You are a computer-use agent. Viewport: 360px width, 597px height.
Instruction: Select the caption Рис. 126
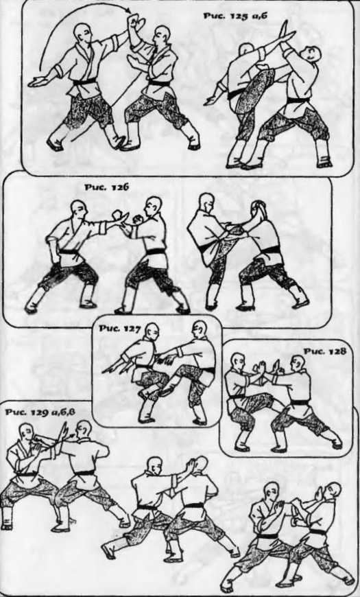click(106, 187)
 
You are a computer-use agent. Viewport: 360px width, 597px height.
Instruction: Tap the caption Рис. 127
click(120, 329)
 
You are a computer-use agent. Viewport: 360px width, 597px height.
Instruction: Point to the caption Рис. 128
click(324, 351)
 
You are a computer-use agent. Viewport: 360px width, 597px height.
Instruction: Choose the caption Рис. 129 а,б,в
click(40, 412)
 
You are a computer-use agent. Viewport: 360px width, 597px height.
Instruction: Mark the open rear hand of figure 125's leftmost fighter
click(38, 81)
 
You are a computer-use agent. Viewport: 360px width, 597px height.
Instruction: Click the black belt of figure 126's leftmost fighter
click(69, 252)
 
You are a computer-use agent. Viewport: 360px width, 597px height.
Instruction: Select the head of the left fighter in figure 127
click(152, 331)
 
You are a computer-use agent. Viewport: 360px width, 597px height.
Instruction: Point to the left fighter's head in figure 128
click(238, 362)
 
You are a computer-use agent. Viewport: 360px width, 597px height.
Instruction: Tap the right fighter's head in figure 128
click(296, 364)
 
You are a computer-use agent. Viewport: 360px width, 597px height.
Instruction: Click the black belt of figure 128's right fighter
click(300, 402)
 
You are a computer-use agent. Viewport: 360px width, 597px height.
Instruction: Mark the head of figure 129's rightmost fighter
click(332, 492)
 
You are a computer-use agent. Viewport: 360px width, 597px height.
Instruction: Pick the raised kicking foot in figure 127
click(165, 390)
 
